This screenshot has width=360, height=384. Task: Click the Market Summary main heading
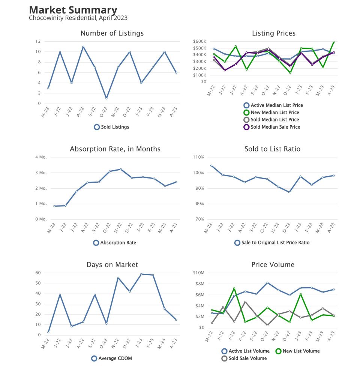coord(73,10)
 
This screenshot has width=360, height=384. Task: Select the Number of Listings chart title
coord(112,33)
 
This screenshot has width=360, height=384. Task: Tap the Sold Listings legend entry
coord(111,127)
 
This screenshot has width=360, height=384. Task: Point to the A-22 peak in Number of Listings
coord(83,47)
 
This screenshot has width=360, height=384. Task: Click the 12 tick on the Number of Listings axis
coord(38,41)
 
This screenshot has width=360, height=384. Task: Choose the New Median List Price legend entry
coord(271,112)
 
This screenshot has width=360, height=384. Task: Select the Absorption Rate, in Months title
coord(115,149)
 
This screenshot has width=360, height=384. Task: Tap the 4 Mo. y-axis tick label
coord(40,157)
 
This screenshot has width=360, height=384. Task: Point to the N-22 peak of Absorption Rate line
coord(121,169)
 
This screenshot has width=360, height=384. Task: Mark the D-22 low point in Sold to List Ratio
coord(289,192)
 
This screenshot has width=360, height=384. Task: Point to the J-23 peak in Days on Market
coord(141,274)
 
